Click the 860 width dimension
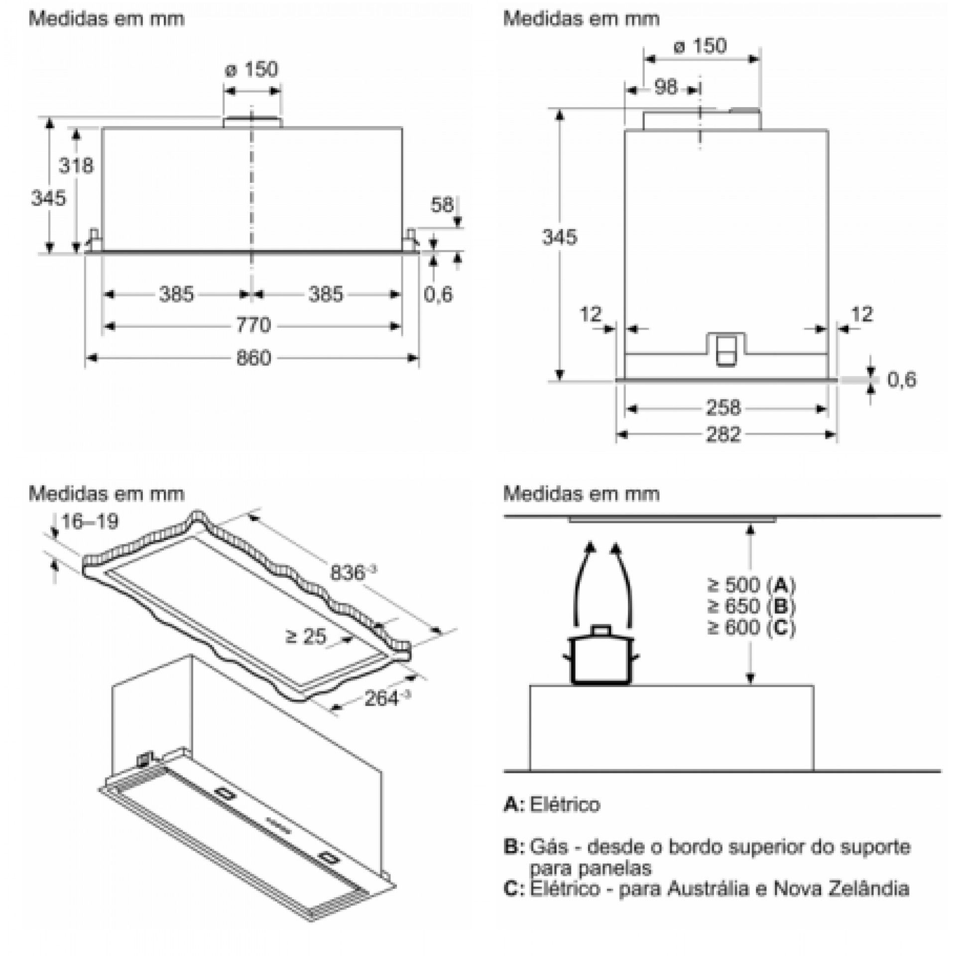click(x=253, y=358)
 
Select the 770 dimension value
click(x=253, y=326)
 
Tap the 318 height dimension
click(x=76, y=165)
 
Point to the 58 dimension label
click(x=442, y=205)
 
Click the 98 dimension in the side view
click(x=666, y=88)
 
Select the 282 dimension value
click(x=723, y=435)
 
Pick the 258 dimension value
click(x=723, y=408)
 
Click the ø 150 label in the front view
click(x=252, y=69)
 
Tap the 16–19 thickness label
click(x=90, y=522)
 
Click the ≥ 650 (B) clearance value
click(x=751, y=606)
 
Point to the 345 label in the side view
click(x=560, y=238)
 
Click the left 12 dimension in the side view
click(x=591, y=314)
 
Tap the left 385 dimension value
click(x=177, y=294)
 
